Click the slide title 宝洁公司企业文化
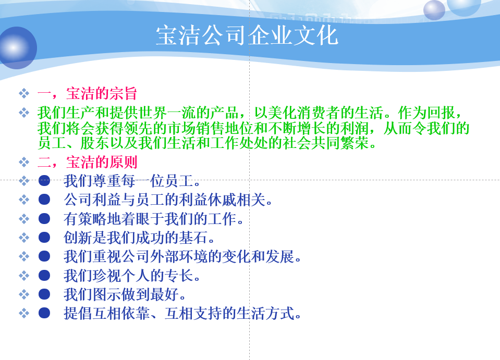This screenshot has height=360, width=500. point(247,35)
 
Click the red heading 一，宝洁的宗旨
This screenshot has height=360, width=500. point(87,94)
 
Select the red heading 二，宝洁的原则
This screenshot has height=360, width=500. point(87,162)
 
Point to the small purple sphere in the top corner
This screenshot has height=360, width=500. point(434,10)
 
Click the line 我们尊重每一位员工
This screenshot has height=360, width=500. point(132,181)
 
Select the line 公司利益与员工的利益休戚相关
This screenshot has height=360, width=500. point(168,200)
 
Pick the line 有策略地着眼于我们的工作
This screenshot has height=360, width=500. point(153,219)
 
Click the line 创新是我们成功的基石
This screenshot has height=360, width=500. point(139,238)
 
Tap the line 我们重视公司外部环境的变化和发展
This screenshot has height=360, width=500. point(182,256)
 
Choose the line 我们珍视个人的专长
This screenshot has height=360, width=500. point(132,276)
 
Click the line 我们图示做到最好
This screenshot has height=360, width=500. point(125,294)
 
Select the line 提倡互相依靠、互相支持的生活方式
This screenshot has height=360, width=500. point(182,313)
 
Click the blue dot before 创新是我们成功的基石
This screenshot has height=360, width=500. point(44,238)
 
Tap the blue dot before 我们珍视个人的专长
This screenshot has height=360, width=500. point(44,276)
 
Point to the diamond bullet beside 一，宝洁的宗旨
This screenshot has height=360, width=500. point(24,94)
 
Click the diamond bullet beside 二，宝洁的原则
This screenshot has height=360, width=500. point(24,162)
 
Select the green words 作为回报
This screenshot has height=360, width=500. point(426,113)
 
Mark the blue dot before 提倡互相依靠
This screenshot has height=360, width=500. point(44,313)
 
